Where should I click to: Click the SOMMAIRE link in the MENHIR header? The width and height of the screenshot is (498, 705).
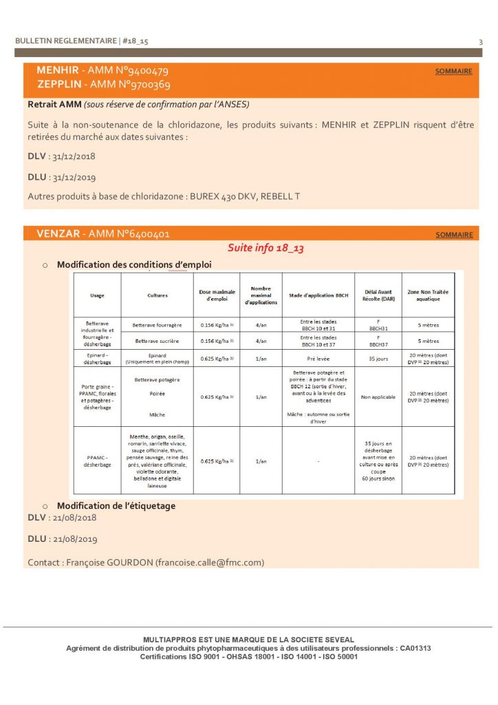click(x=454, y=72)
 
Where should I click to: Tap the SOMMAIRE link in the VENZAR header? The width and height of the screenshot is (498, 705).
click(x=454, y=235)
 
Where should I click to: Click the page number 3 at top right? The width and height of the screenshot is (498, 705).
click(x=480, y=42)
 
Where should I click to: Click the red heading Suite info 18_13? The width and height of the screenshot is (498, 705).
click(x=266, y=248)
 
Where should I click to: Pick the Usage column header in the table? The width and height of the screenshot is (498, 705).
click(x=98, y=295)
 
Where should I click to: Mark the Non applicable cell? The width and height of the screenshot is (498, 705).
click(x=378, y=397)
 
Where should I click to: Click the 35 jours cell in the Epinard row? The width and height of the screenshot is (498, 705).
click(x=378, y=358)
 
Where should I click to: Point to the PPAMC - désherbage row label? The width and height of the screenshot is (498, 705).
click(x=98, y=461)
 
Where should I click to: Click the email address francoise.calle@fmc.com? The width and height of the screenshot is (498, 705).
click(x=209, y=562)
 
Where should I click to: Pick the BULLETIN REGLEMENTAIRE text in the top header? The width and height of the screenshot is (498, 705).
click(x=66, y=41)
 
